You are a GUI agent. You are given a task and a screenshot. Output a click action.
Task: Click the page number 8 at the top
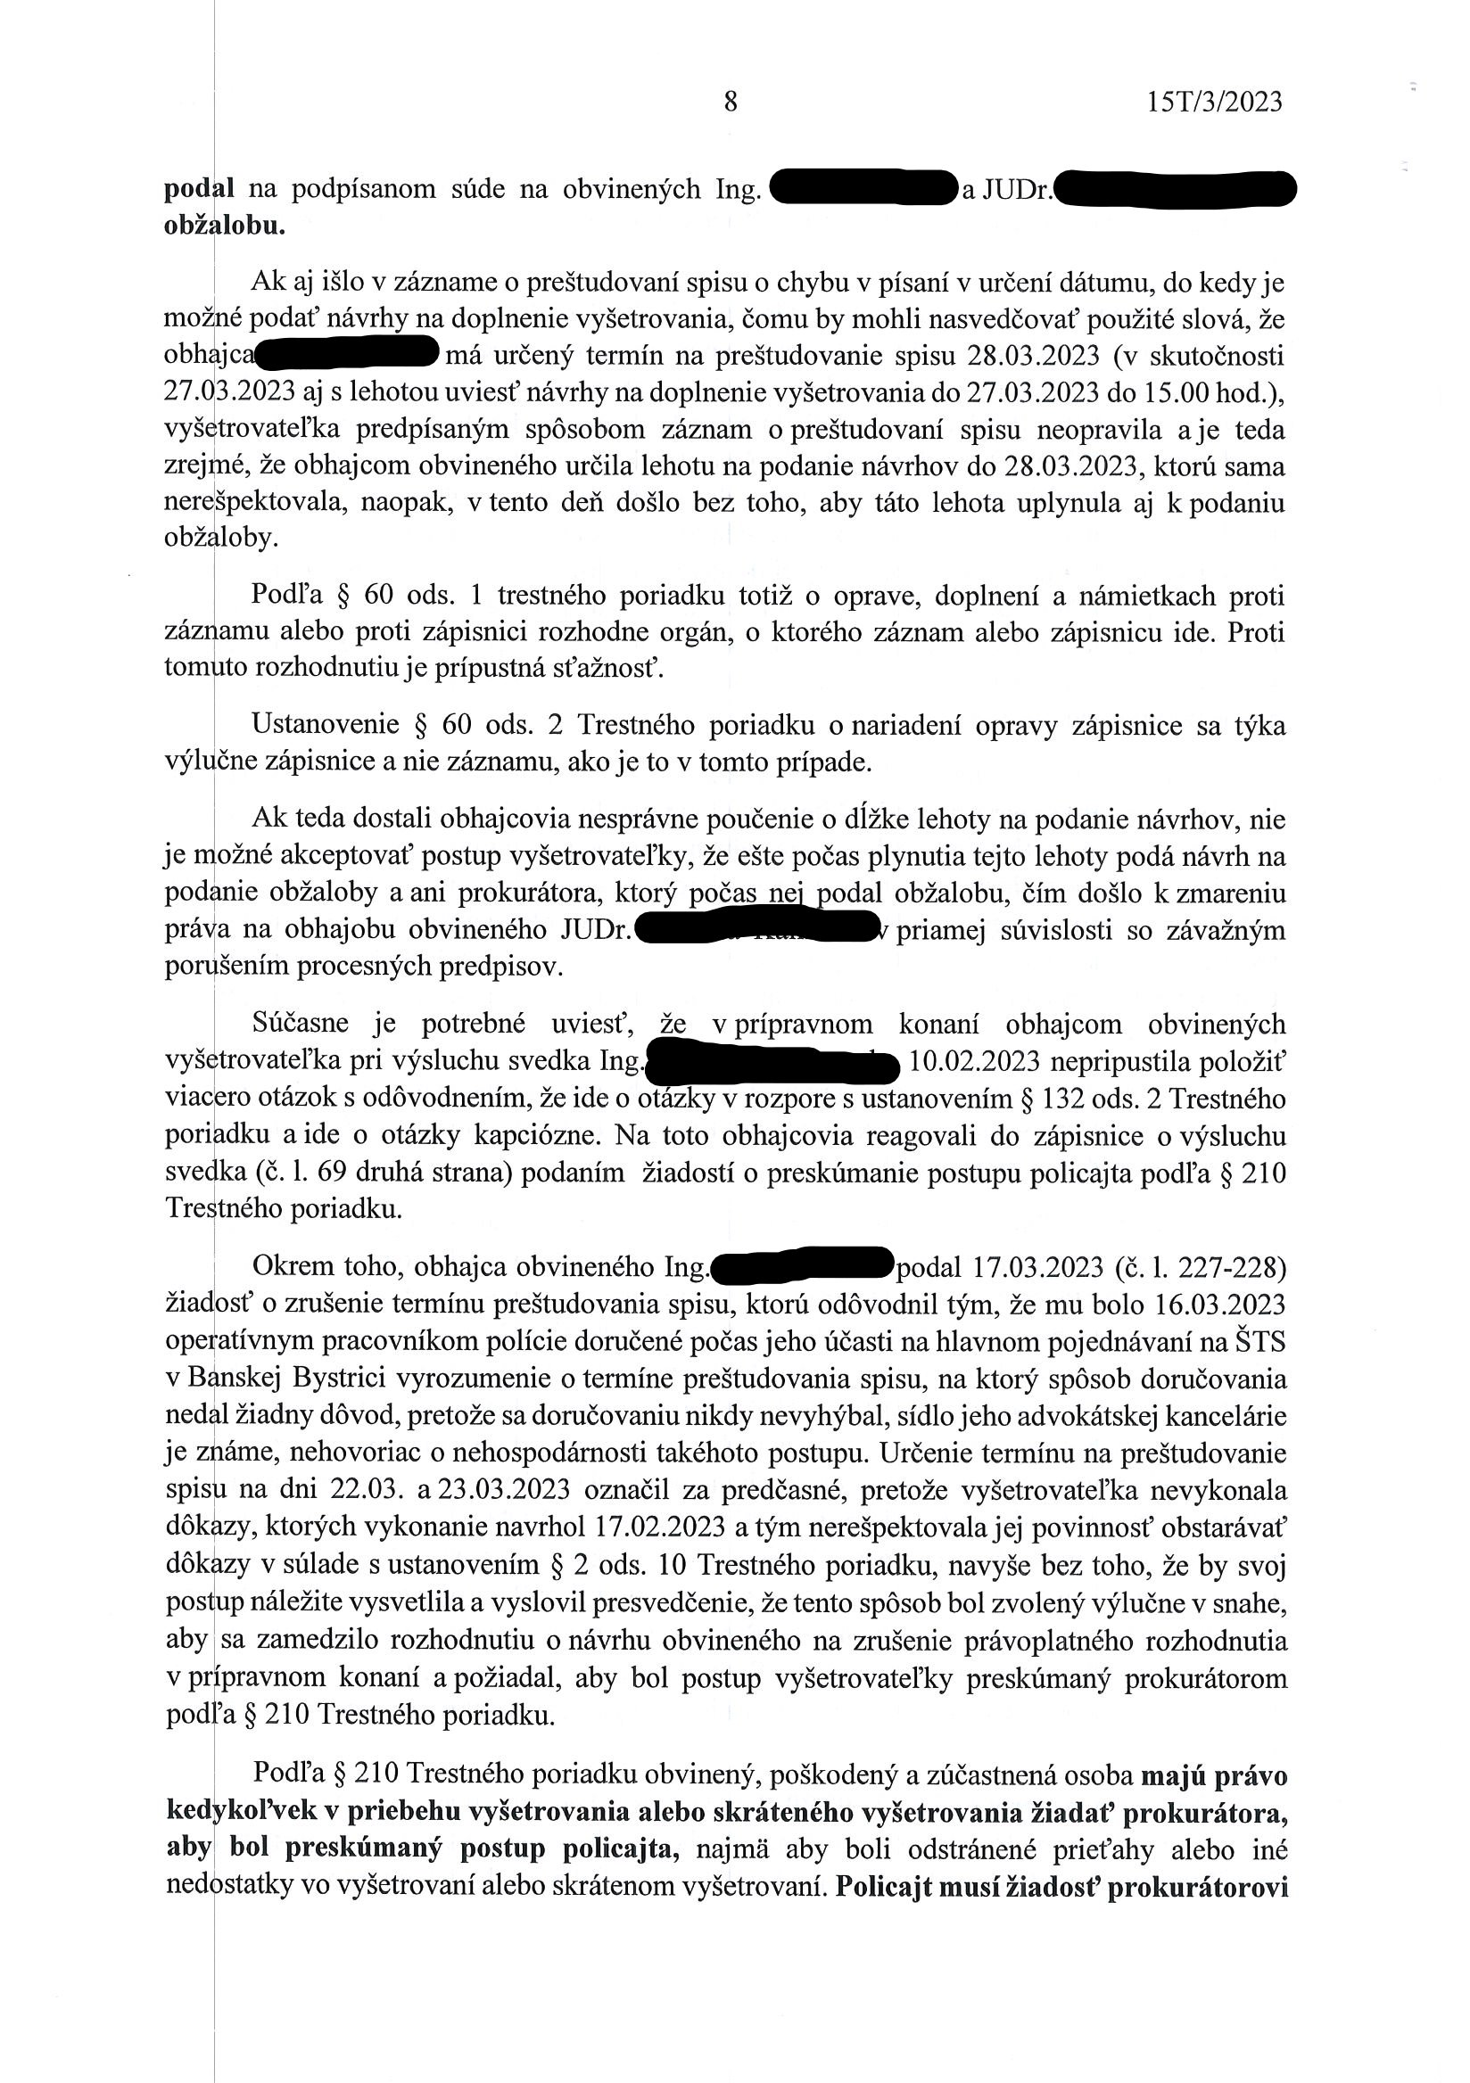click(731, 102)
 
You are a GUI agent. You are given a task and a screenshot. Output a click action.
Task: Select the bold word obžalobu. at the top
click(224, 226)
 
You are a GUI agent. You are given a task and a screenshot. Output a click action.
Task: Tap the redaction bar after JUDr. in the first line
click(1176, 190)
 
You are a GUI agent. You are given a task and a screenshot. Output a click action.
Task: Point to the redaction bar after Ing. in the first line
click(863, 190)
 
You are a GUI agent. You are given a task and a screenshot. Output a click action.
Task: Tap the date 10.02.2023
click(973, 1061)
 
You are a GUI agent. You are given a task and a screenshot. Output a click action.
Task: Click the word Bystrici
click(347, 1379)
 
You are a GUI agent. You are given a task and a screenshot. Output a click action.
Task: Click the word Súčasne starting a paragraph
click(301, 1025)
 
